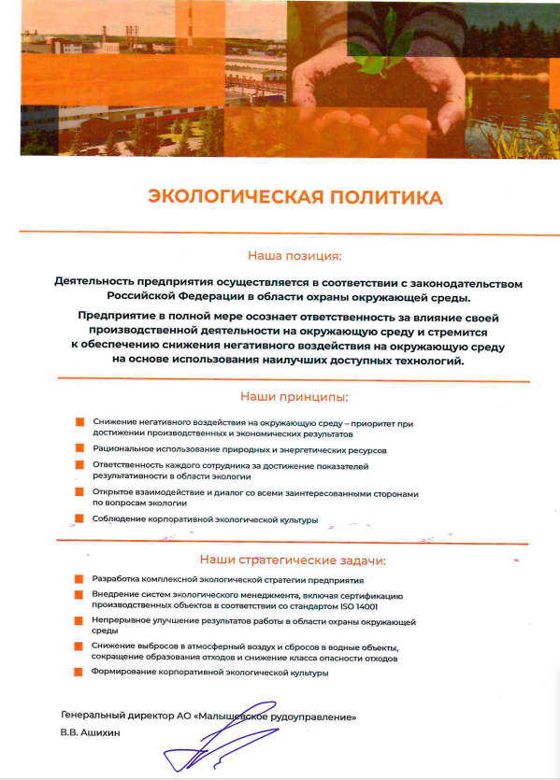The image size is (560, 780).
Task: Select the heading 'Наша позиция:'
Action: tap(294, 254)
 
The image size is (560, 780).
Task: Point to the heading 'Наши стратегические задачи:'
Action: tap(292, 560)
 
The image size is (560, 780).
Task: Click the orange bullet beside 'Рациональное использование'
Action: tap(79, 449)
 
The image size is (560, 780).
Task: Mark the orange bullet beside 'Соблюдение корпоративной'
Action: tap(79, 519)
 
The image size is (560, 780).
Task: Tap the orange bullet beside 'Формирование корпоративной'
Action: tap(79, 673)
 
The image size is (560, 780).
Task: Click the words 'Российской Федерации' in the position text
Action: tap(177, 297)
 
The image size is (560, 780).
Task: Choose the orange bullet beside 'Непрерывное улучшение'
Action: tap(79, 621)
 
